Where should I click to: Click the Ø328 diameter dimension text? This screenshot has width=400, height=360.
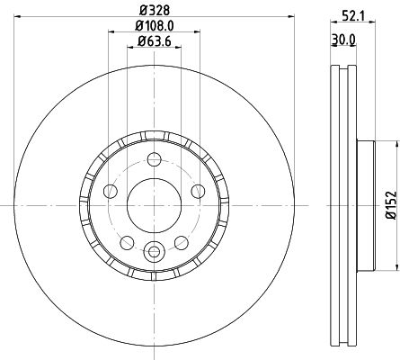click(x=153, y=11)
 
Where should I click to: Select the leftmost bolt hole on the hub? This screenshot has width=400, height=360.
click(x=110, y=191)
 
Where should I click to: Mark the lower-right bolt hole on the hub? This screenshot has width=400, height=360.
click(x=181, y=242)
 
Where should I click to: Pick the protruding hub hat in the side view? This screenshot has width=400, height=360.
click(x=364, y=206)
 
